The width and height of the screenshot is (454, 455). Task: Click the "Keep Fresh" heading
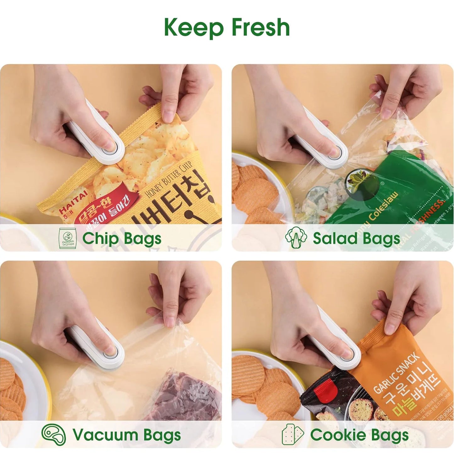(227, 27)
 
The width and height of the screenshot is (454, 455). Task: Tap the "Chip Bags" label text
(122, 238)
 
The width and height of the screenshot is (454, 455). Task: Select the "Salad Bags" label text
(356, 238)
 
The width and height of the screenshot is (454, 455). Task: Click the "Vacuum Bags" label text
(127, 435)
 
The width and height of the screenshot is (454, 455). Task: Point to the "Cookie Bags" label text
(359, 435)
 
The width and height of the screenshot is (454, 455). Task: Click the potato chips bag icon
(68, 239)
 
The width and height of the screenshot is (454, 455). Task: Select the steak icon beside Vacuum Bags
(54, 435)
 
